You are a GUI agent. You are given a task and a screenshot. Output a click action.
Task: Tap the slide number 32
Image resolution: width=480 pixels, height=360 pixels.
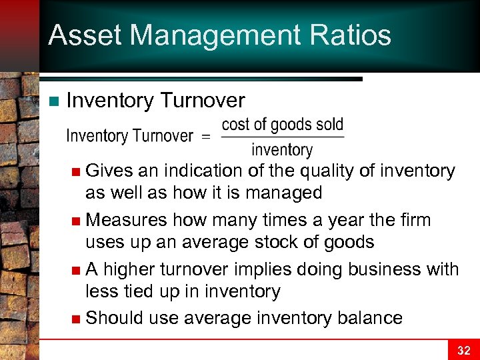click(463, 350)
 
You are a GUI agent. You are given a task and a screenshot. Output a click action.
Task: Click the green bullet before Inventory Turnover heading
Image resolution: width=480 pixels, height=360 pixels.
click(54, 101)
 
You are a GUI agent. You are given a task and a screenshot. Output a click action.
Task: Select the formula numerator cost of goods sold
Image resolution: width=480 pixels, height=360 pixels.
click(282, 125)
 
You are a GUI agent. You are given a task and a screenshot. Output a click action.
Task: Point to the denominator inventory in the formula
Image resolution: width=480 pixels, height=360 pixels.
click(282, 150)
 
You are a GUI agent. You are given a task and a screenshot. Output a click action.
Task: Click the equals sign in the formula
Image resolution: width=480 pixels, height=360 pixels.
click(205, 137)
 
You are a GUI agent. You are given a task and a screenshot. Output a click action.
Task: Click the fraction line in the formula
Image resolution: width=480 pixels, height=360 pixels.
click(282, 138)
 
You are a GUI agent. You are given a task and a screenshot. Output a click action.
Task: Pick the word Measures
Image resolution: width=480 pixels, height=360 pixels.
click(126, 220)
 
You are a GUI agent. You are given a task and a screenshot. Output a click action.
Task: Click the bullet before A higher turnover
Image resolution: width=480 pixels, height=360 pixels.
click(78, 270)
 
